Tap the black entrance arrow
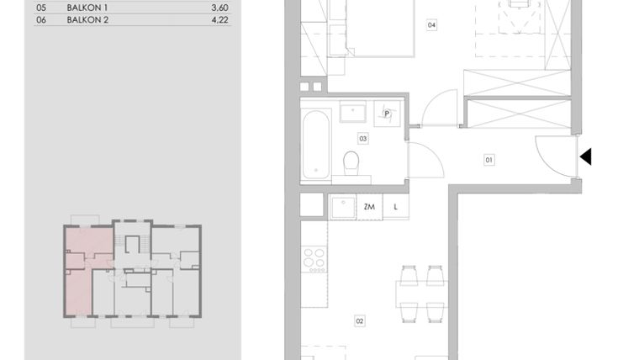point(586,156)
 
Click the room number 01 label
point(488,157)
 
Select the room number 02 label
point(360,320)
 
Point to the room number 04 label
point(431,25)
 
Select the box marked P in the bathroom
point(388,114)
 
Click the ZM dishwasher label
point(369,205)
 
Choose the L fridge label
point(395,205)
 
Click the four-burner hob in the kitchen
point(314,259)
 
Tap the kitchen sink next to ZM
point(341,206)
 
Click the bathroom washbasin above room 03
point(352,113)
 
